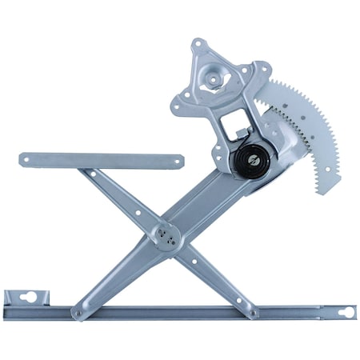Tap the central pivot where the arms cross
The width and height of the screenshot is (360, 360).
pyautogui.click(x=167, y=231)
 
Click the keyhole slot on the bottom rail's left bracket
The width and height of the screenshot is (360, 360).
pyautogui.click(x=31, y=299)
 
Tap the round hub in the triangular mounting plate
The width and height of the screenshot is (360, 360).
pyautogui.click(x=214, y=80)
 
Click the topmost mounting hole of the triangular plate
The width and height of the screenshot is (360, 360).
pyautogui.click(x=196, y=44)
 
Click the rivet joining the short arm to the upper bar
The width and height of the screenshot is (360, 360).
pyautogui.click(x=92, y=173)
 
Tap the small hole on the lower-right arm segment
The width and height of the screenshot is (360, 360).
pyautogui.click(x=213, y=273)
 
